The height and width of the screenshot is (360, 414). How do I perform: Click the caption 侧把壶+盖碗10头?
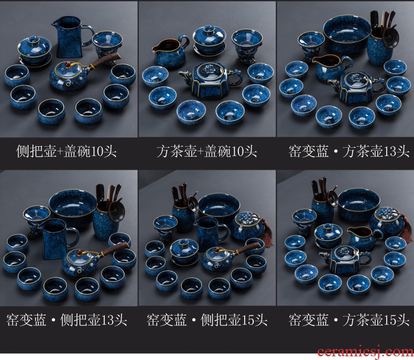(66, 151)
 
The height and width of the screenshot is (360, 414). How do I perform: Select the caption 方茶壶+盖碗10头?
(206, 151)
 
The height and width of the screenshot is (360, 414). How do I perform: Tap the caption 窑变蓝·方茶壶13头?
(349, 151)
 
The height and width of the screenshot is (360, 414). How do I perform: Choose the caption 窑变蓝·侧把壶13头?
(67, 320)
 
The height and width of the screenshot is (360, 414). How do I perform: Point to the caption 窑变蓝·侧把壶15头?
(207, 320)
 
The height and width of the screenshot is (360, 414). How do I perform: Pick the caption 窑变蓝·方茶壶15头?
(349, 320)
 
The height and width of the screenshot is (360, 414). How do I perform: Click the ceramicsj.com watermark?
(366, 352)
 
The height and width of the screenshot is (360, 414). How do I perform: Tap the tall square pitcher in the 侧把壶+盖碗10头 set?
(72, 37)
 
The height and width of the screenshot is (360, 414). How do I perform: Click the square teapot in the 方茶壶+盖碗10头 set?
(211, 80)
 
